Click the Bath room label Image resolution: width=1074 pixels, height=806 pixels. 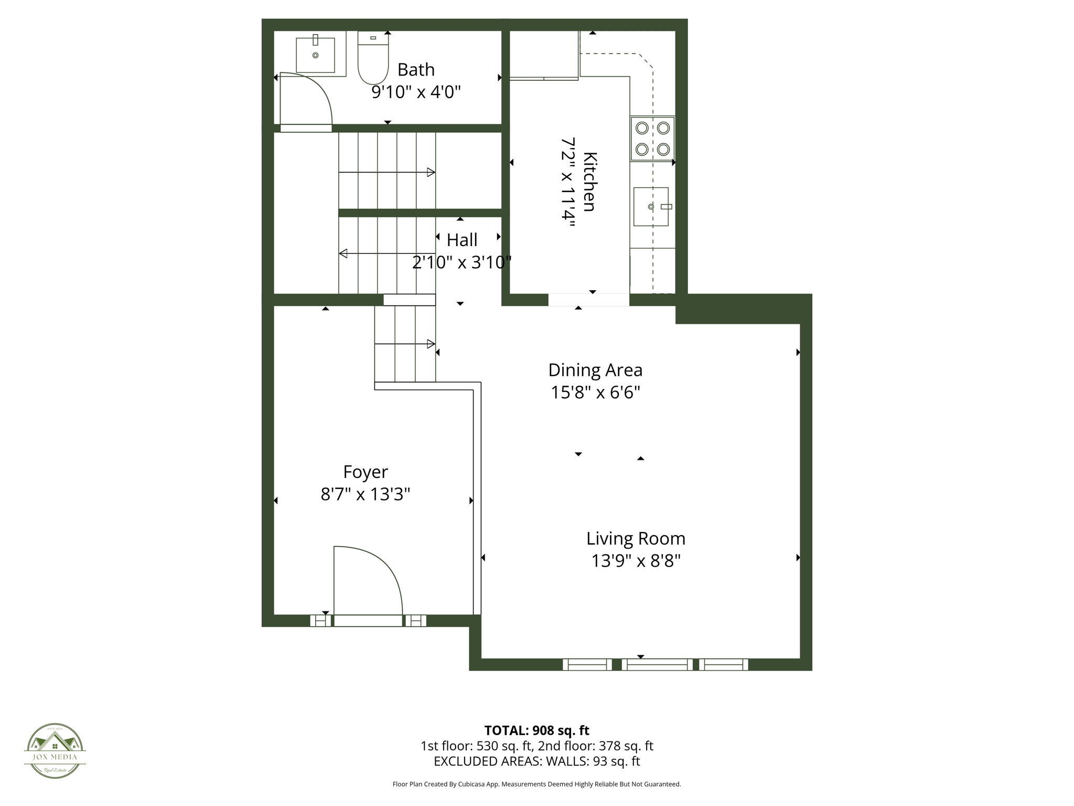(416, 70)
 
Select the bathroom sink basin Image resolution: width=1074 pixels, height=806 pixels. (315, 55)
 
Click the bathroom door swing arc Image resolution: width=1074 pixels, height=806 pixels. (315, 94)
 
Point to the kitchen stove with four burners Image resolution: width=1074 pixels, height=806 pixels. (652, 139)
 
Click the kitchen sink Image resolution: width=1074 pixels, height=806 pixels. (651, 207)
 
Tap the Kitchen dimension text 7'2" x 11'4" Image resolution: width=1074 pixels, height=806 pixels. (568, 182)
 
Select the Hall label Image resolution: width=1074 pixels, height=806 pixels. (461, 240)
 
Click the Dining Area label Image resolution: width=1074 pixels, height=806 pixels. (595, 370)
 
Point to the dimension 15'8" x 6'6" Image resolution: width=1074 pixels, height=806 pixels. (595, 393)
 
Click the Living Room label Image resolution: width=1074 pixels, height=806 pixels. (636, 539)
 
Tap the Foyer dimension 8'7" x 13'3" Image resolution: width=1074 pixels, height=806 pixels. (365, 494)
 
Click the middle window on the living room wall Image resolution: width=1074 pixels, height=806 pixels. (658, 664)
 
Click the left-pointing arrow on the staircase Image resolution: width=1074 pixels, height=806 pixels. (343, 254)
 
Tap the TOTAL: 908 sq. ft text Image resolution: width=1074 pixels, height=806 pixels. (536, 730)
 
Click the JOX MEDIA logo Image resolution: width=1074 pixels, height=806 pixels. (55, 750)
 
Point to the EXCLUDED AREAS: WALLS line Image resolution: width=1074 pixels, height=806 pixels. (536, 761)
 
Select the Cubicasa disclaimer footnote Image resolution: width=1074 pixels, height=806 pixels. (536, 784)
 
